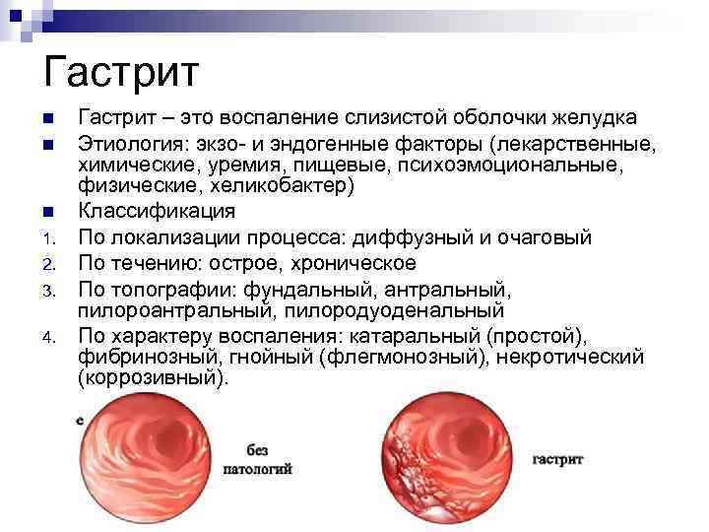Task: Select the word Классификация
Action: point(157,211)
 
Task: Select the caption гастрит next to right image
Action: point(557,459)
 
